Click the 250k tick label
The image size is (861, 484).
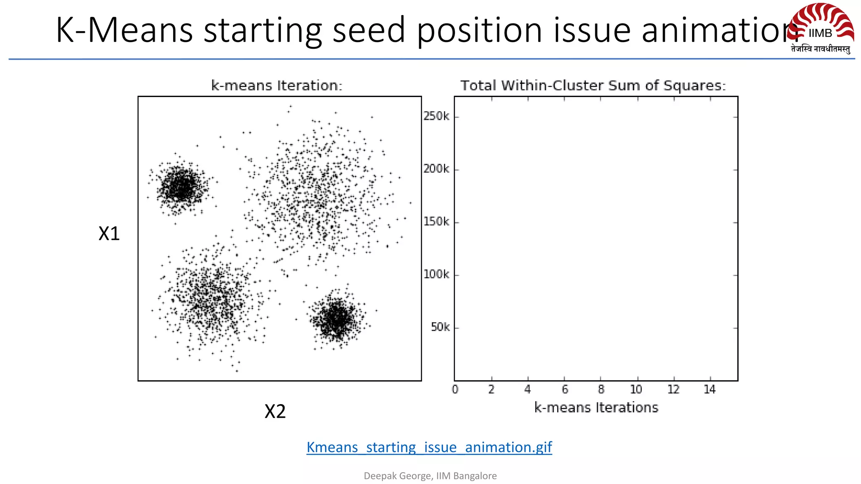(436, 116)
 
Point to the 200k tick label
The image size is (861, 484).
(436, 169)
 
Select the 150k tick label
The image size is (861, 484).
(436, 222)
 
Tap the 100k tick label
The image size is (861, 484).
(436, 274)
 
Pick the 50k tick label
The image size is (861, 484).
(440, 327)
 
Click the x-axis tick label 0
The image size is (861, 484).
(455, 389)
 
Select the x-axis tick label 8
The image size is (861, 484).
(601, 389)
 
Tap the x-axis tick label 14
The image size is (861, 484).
(710, 389)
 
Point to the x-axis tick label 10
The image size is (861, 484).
(636, 389)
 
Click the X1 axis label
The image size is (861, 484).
(109, 234)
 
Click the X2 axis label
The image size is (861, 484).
(275, 411)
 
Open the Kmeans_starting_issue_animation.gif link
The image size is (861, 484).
(429, 447)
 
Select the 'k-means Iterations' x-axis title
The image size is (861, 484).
(596, 408)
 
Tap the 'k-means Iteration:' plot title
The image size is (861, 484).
(277, 86)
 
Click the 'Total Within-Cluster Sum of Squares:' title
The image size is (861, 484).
(593, 86)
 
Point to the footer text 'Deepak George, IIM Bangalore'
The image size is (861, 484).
(430, 476)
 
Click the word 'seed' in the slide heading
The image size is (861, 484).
(369, 30)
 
